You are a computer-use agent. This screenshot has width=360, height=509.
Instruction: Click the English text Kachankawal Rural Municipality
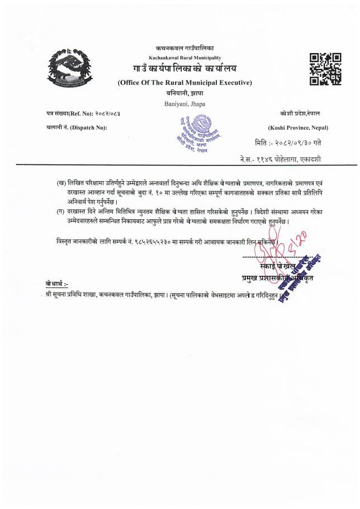184,58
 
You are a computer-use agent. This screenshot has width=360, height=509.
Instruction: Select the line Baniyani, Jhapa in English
184,104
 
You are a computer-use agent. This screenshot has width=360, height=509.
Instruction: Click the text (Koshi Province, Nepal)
298,128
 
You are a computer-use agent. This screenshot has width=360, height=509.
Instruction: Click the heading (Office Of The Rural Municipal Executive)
185,83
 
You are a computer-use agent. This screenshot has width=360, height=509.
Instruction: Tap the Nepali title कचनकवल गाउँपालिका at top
185,49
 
